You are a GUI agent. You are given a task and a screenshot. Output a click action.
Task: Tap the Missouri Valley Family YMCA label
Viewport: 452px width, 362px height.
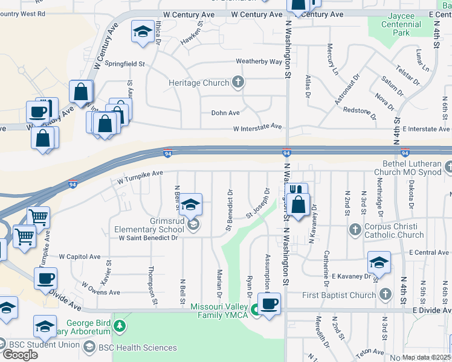[220, 311]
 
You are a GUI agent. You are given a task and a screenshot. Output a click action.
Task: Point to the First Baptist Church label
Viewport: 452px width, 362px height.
[339, 295]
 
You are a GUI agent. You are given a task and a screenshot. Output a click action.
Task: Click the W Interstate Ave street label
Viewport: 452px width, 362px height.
[258, 127]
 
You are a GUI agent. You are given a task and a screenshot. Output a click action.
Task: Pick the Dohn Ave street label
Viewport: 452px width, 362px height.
[225, 113]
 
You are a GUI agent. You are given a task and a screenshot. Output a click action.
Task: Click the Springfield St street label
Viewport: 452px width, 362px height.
[125, 63]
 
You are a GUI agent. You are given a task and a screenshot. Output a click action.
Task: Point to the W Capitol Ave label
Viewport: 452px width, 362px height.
[79, 256]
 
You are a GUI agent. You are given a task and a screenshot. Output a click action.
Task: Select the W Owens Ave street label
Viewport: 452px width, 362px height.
[100, 292]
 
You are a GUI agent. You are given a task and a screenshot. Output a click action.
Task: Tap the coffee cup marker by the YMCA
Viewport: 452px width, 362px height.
[270, 303]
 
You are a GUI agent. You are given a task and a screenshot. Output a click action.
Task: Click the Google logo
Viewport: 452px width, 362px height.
[20, 355]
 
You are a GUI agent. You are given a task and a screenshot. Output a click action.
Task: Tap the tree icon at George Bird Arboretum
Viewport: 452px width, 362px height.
[121, 326]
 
